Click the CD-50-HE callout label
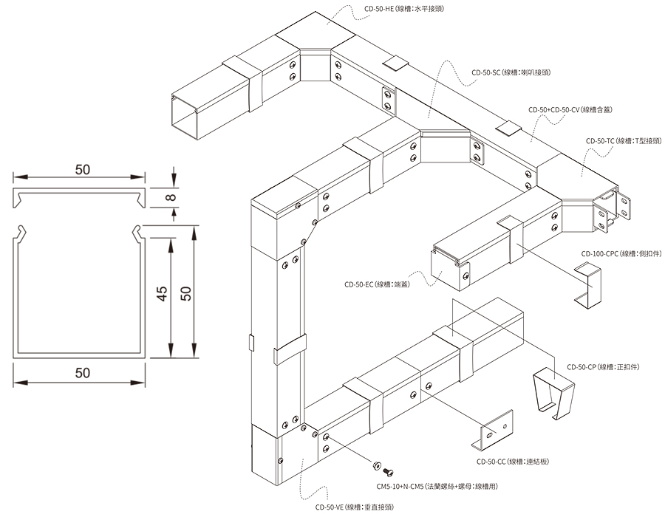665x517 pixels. click(403, 10)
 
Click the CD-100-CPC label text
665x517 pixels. click(620, 253)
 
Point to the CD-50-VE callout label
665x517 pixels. click(354, 507)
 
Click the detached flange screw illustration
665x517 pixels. click(383, 467)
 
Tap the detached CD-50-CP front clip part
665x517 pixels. click(553, 392)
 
